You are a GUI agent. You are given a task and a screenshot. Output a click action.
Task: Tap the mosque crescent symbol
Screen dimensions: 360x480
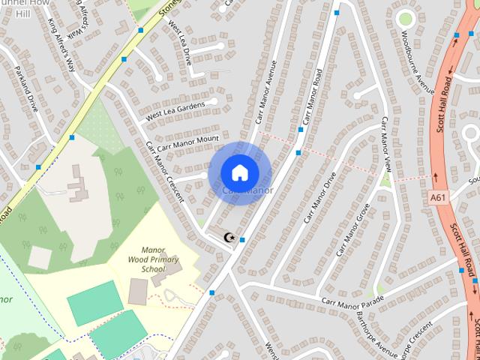tap(229, 238)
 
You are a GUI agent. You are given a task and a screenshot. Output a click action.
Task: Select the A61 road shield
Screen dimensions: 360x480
tap(439, 198)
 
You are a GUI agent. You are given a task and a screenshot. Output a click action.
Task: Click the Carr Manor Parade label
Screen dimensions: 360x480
tap(352, 300)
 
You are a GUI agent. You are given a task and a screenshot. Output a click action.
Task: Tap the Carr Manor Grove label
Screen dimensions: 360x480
tap(354, 226)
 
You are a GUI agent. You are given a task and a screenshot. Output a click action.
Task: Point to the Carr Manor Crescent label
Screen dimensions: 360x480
tap(165, 172)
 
